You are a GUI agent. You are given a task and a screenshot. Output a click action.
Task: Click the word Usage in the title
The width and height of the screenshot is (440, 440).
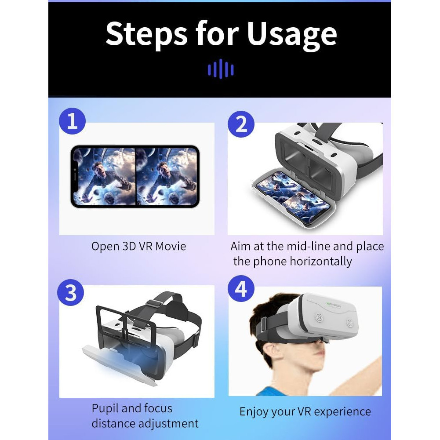point(291,35)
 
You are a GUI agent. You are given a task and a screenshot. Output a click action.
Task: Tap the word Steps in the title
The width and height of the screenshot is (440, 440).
point(146,35)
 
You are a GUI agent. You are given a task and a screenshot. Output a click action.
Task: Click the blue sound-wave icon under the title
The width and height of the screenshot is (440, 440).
point(221,69)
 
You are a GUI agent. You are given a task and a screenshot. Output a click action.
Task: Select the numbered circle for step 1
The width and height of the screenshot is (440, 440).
point(72,121)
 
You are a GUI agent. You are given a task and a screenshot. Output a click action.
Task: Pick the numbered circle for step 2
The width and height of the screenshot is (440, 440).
point(241,124)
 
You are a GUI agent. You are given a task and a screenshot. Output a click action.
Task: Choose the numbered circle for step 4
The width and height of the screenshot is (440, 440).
point(241,288)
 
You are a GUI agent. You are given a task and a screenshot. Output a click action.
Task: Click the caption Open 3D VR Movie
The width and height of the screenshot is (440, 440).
point(138,247)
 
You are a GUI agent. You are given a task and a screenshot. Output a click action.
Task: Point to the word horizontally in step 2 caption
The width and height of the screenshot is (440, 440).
point(321,262)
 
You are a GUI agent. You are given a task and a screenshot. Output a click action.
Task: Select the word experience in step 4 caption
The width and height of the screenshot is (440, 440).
point(342,412)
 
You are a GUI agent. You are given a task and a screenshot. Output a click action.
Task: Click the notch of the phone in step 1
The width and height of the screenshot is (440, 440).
point(75,177)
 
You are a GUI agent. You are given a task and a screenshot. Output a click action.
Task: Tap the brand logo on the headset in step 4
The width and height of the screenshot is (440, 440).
point(334,305)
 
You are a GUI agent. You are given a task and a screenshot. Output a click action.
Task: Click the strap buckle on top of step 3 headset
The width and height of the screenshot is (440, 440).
point(153,304)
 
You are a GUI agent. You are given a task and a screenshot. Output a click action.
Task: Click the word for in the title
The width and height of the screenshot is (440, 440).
point(217,34)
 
